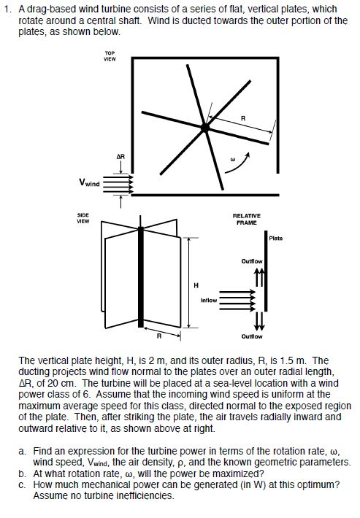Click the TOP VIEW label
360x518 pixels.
click(110, 56)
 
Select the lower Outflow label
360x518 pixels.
click(251, 336)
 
